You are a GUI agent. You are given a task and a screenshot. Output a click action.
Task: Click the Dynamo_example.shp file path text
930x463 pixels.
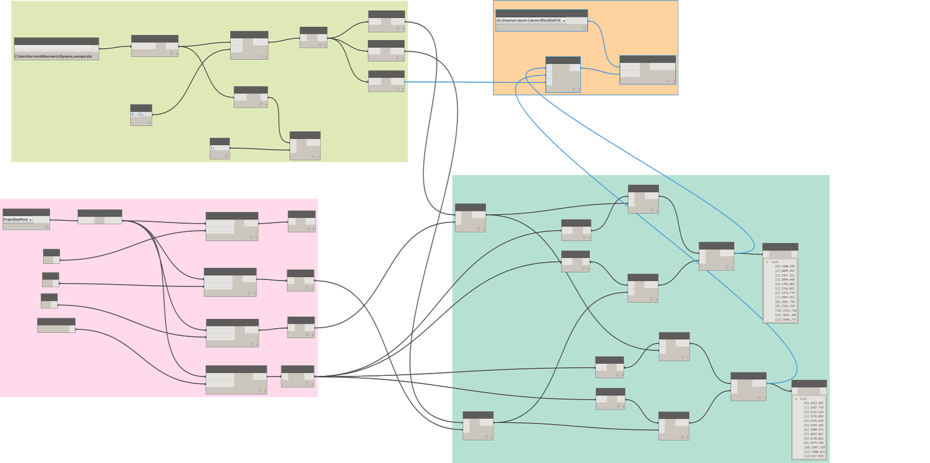click(x=53, y=56)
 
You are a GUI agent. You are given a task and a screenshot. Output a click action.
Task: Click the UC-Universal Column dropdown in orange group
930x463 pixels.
click(x=531, y=20)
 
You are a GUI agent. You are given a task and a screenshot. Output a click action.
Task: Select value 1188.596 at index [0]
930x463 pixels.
click(x=788, y=267)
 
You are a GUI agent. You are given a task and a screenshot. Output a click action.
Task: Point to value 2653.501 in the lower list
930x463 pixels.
click(x=816, y=403)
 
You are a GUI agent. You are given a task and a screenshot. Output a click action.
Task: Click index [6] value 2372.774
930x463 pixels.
click(x=788, y=293)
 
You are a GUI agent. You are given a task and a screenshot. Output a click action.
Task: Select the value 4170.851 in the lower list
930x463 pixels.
click(x=816, y=439)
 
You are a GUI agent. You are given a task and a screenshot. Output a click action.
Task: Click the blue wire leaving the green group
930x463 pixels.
click(x=448, y=82)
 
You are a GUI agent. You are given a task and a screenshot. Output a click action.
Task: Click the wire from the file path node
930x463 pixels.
click(x=115, y=48)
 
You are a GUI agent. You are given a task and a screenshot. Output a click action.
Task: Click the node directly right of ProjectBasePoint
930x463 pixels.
click(x=99, y=217)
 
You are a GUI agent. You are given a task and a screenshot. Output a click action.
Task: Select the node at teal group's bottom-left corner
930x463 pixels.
click(x=478, y=426)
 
